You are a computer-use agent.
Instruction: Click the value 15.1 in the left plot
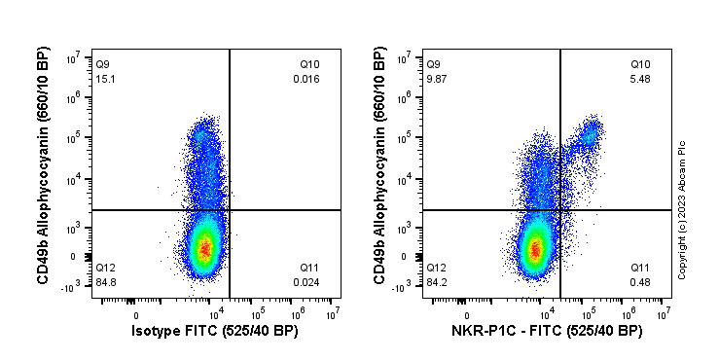[105, 79]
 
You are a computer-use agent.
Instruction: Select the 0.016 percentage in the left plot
[306, 79]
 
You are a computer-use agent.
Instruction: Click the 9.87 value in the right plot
[437, 79]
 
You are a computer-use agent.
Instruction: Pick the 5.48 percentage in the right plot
[639, 79]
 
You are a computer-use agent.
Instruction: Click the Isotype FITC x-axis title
[214, 332]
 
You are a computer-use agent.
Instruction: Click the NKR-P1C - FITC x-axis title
[545, 332]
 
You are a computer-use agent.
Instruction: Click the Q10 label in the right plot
[639, 65]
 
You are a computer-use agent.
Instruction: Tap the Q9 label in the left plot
[103, 65]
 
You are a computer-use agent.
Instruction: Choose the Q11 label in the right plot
[639, 268]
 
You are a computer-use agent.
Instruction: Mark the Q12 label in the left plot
[105, 268]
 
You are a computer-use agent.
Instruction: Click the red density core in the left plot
[204, 248]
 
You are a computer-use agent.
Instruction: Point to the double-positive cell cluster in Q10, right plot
[587, 135]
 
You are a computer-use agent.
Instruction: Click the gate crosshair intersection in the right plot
[560, 209]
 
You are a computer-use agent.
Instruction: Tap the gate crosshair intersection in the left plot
[230, 209]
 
